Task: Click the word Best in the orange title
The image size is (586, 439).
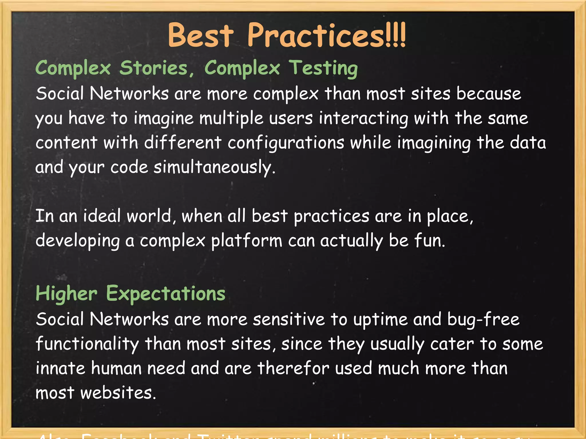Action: tap(200, 36)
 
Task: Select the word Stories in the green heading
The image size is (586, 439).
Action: tap(154, 69)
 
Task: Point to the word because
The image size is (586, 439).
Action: tap(489, 94)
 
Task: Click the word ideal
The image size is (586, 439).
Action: tap(102, 216)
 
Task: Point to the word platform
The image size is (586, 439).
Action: tap(247, 241)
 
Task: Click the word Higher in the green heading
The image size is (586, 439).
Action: tap(66, 294)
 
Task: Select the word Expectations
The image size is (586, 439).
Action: tap(166, 294)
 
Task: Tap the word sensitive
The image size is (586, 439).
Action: tap(289, 320)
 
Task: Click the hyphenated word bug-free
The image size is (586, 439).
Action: tap(483, 320)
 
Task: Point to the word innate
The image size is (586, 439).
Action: tap(60, 368)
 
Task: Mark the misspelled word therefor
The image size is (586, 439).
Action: tap(293, 368)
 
